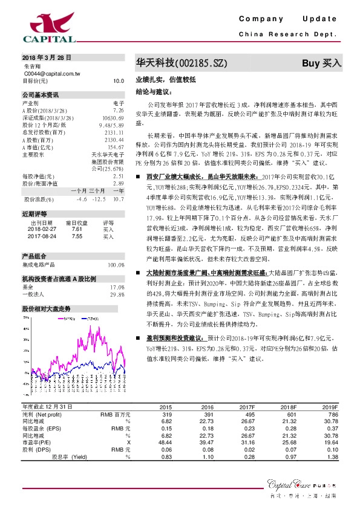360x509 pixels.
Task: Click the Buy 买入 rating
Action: coord(322,63)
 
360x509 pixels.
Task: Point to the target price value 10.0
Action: coord(119,80)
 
